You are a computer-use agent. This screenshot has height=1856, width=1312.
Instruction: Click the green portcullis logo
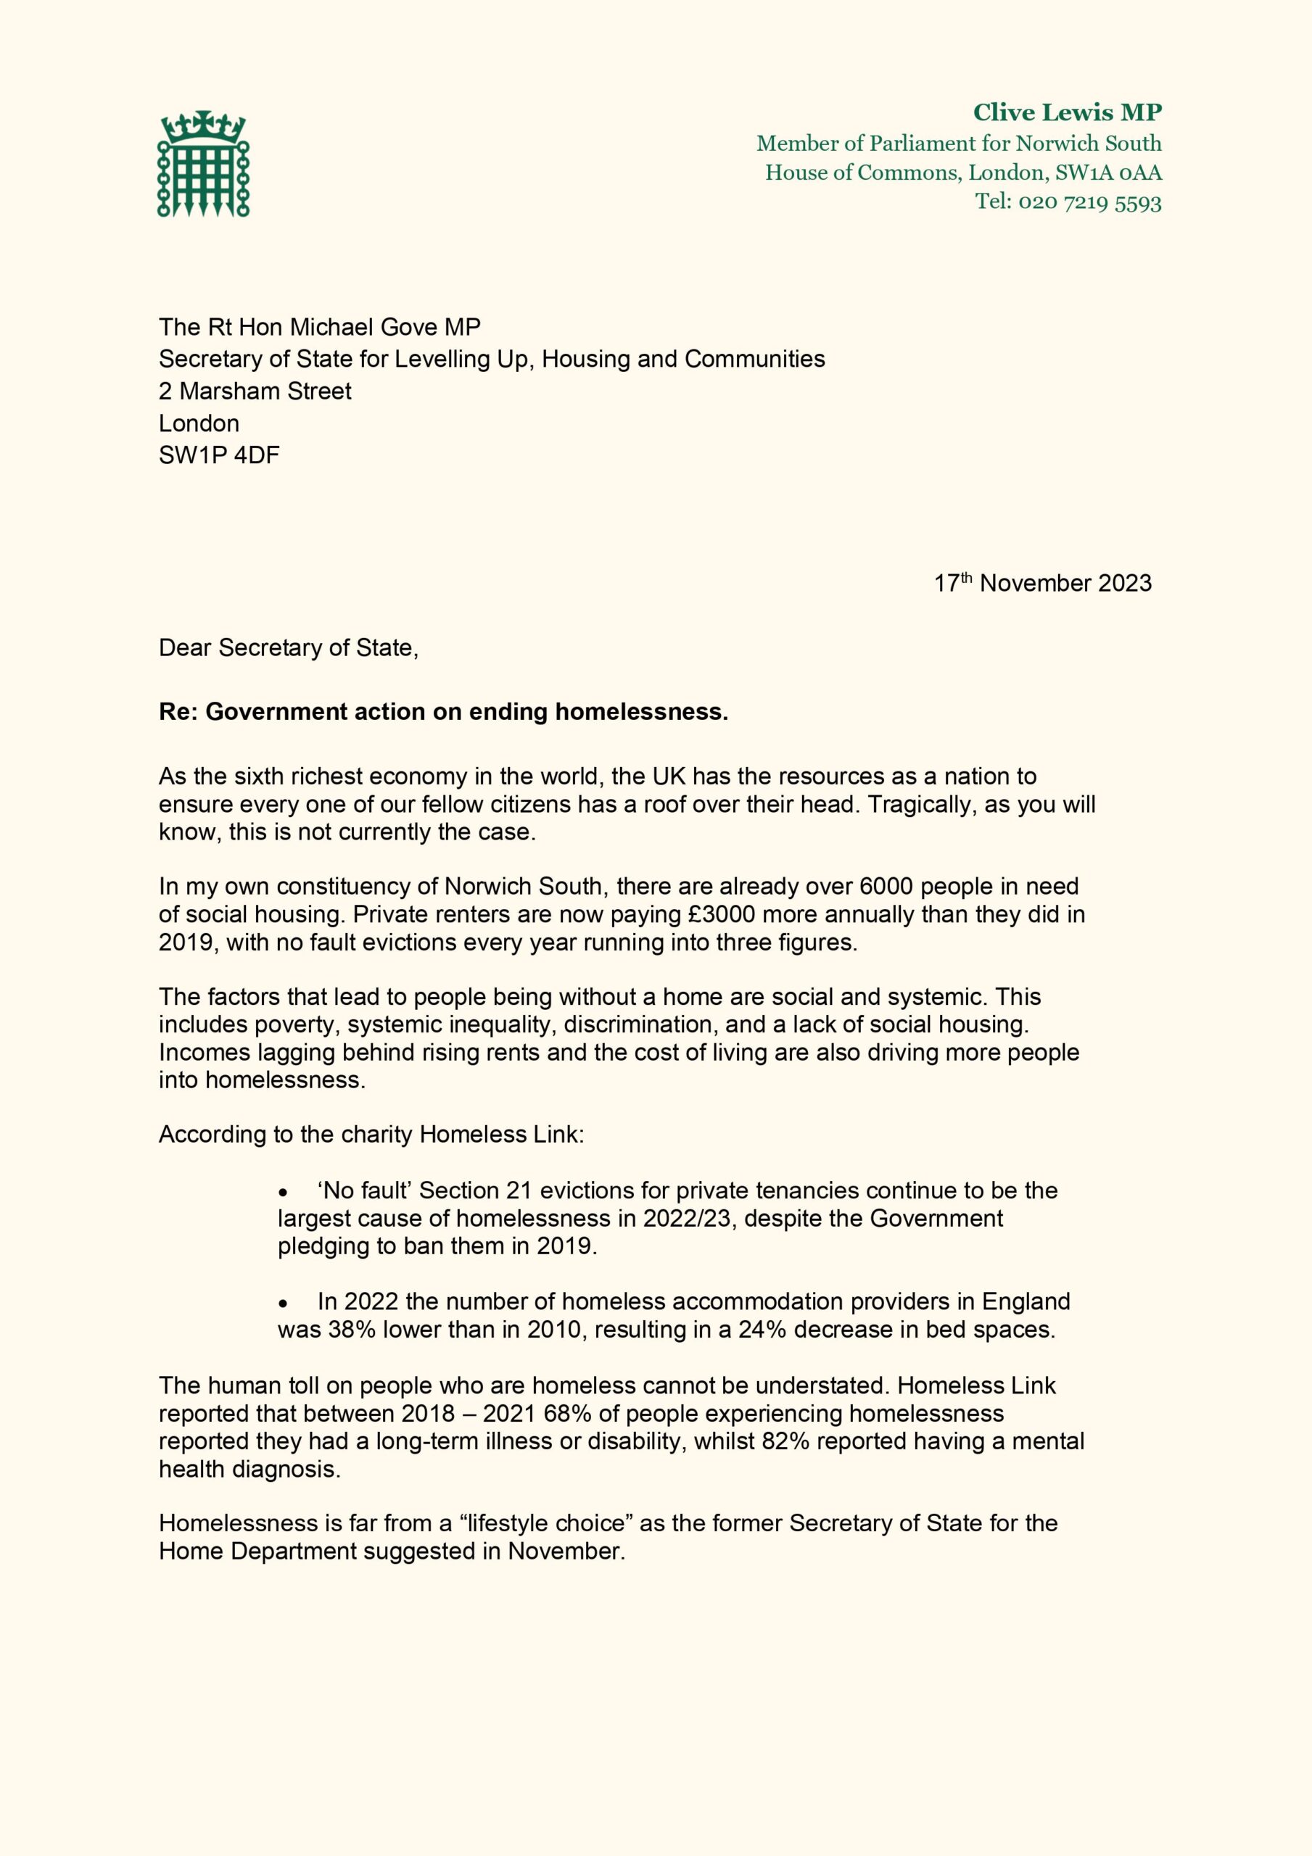click(x=203, y=164)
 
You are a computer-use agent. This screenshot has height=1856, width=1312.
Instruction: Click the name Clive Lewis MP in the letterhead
click(x=1066, y=112)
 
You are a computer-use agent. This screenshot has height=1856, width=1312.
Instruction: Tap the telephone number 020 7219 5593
click(x=1089, y=202)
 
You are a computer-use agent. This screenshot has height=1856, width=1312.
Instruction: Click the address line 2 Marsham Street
click(x=255, y=391)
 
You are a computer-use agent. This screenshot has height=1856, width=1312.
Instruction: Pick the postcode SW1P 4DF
click(x=218, y=455)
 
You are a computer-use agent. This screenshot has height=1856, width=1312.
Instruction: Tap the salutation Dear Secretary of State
click(x=287, y=647)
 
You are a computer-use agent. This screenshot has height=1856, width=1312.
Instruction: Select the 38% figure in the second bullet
click(x=351, y=1330)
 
